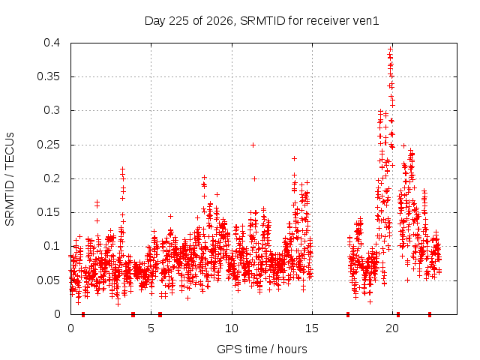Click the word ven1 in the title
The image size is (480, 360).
pyautogui.click(x=366, y=21)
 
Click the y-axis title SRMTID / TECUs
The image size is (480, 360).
pyautogui.click(x=10, y=179)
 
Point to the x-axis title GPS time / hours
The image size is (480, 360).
pyautogui.click(x=262, y=349)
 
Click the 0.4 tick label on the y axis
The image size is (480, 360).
pyautogui.click(x=52, y=43)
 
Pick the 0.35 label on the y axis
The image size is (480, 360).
pyautogui.click(x=48, y=76)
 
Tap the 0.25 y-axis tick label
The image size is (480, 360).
pyautogui.click(x=48, y=145)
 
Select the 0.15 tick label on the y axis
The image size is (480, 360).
pyautogui.click(x=48, y=212)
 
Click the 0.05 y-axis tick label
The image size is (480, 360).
pyautogui.click(x=48, y=280)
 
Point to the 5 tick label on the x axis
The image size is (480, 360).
pyautogui.click(x=151, y=328)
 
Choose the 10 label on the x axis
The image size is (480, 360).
pyautogui.click(x=232, y=328)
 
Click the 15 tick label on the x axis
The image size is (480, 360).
pyautogui.click(x=312, y=328)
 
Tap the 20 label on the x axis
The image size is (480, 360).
pyautogui.click(x=392, y=328)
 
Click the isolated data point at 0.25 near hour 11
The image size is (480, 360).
pyautogui.click(x=253, y=145)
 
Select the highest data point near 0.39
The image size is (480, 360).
pyautogui.click(x=390, y=49)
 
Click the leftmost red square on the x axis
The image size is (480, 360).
pyautogui.click(x=83, y=314)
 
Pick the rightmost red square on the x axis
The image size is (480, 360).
pyautogui.click(x=430, y=314)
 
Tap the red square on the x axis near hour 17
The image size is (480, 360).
pyautogui.click(x=348, y=314)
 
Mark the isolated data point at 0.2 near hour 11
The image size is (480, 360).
pyautogui.click(x=254, y=178)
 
